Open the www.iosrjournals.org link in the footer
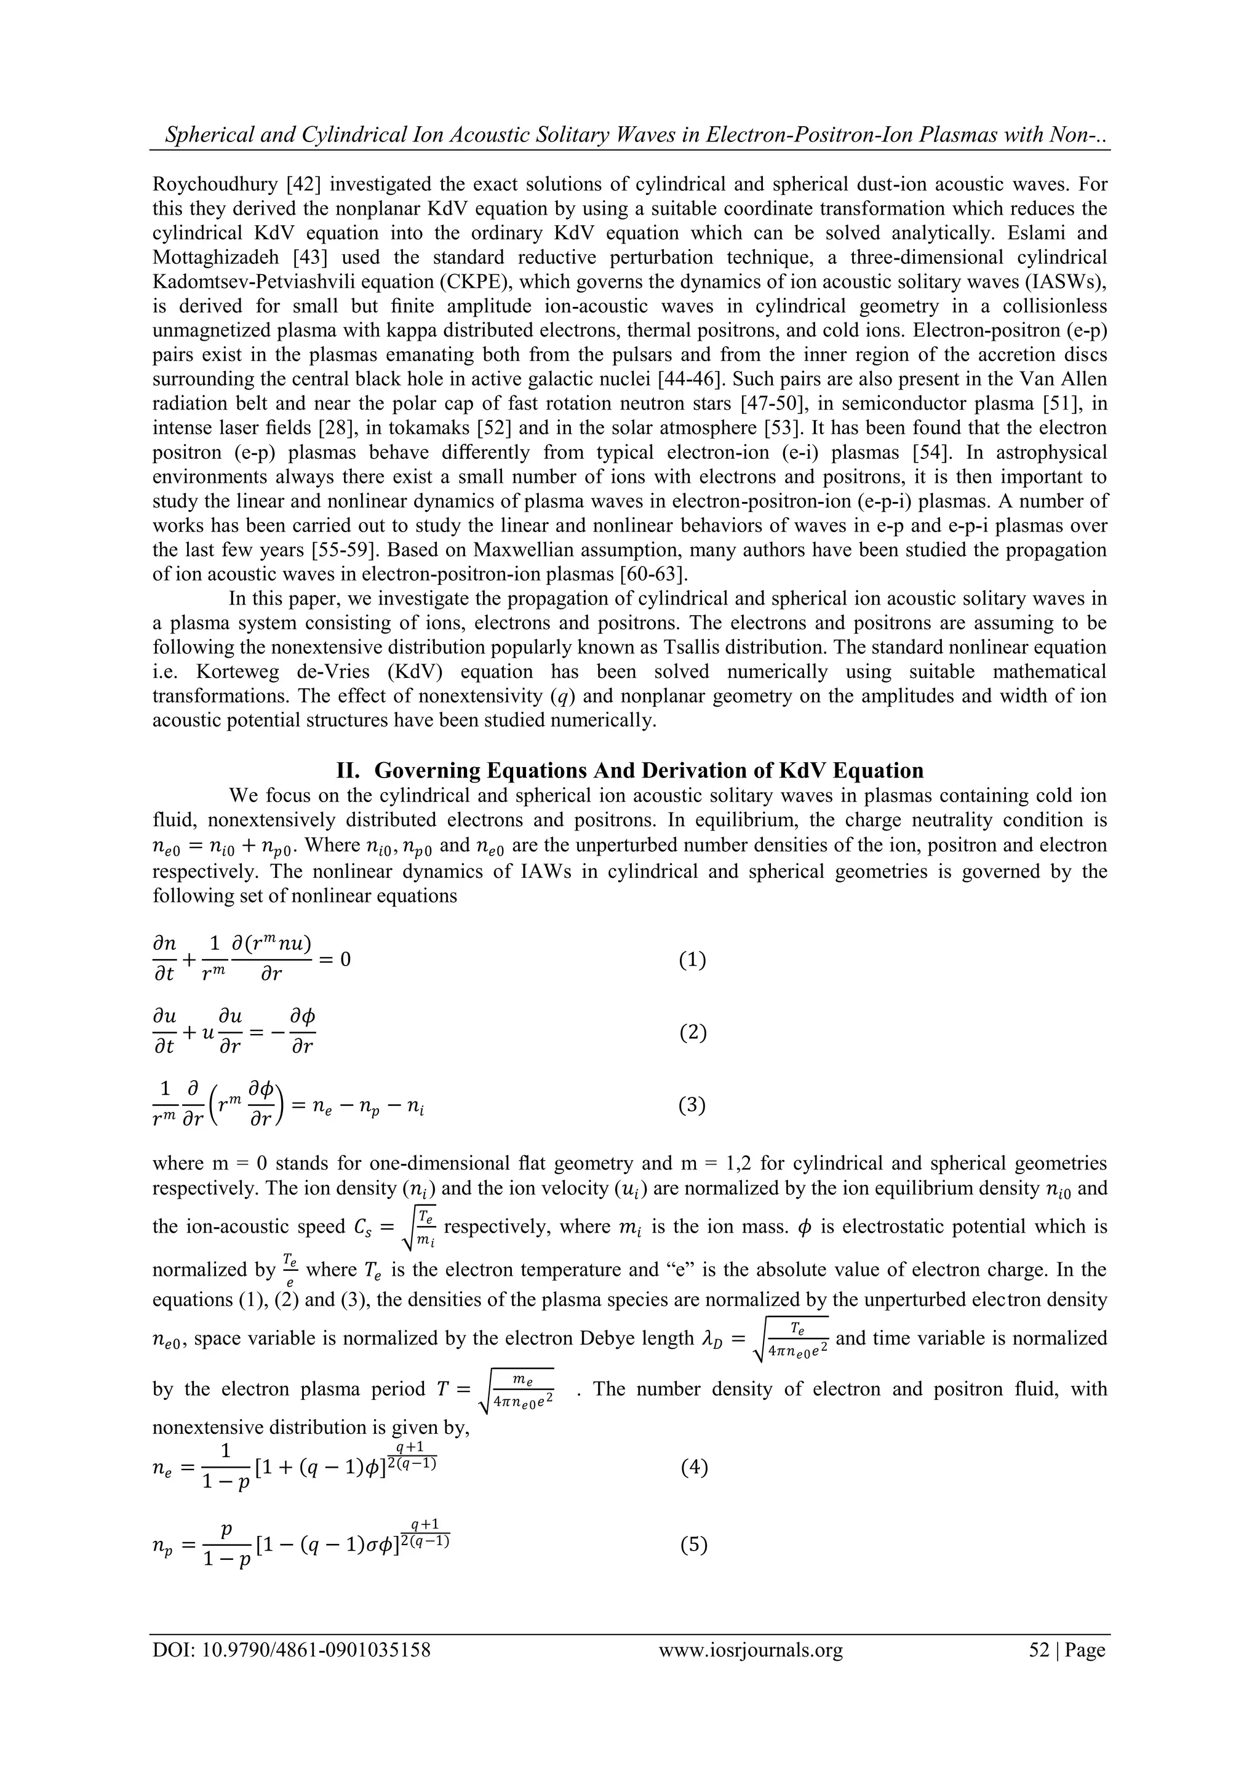click(x=750, y=1649)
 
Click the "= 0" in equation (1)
click(x=335, y=960)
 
